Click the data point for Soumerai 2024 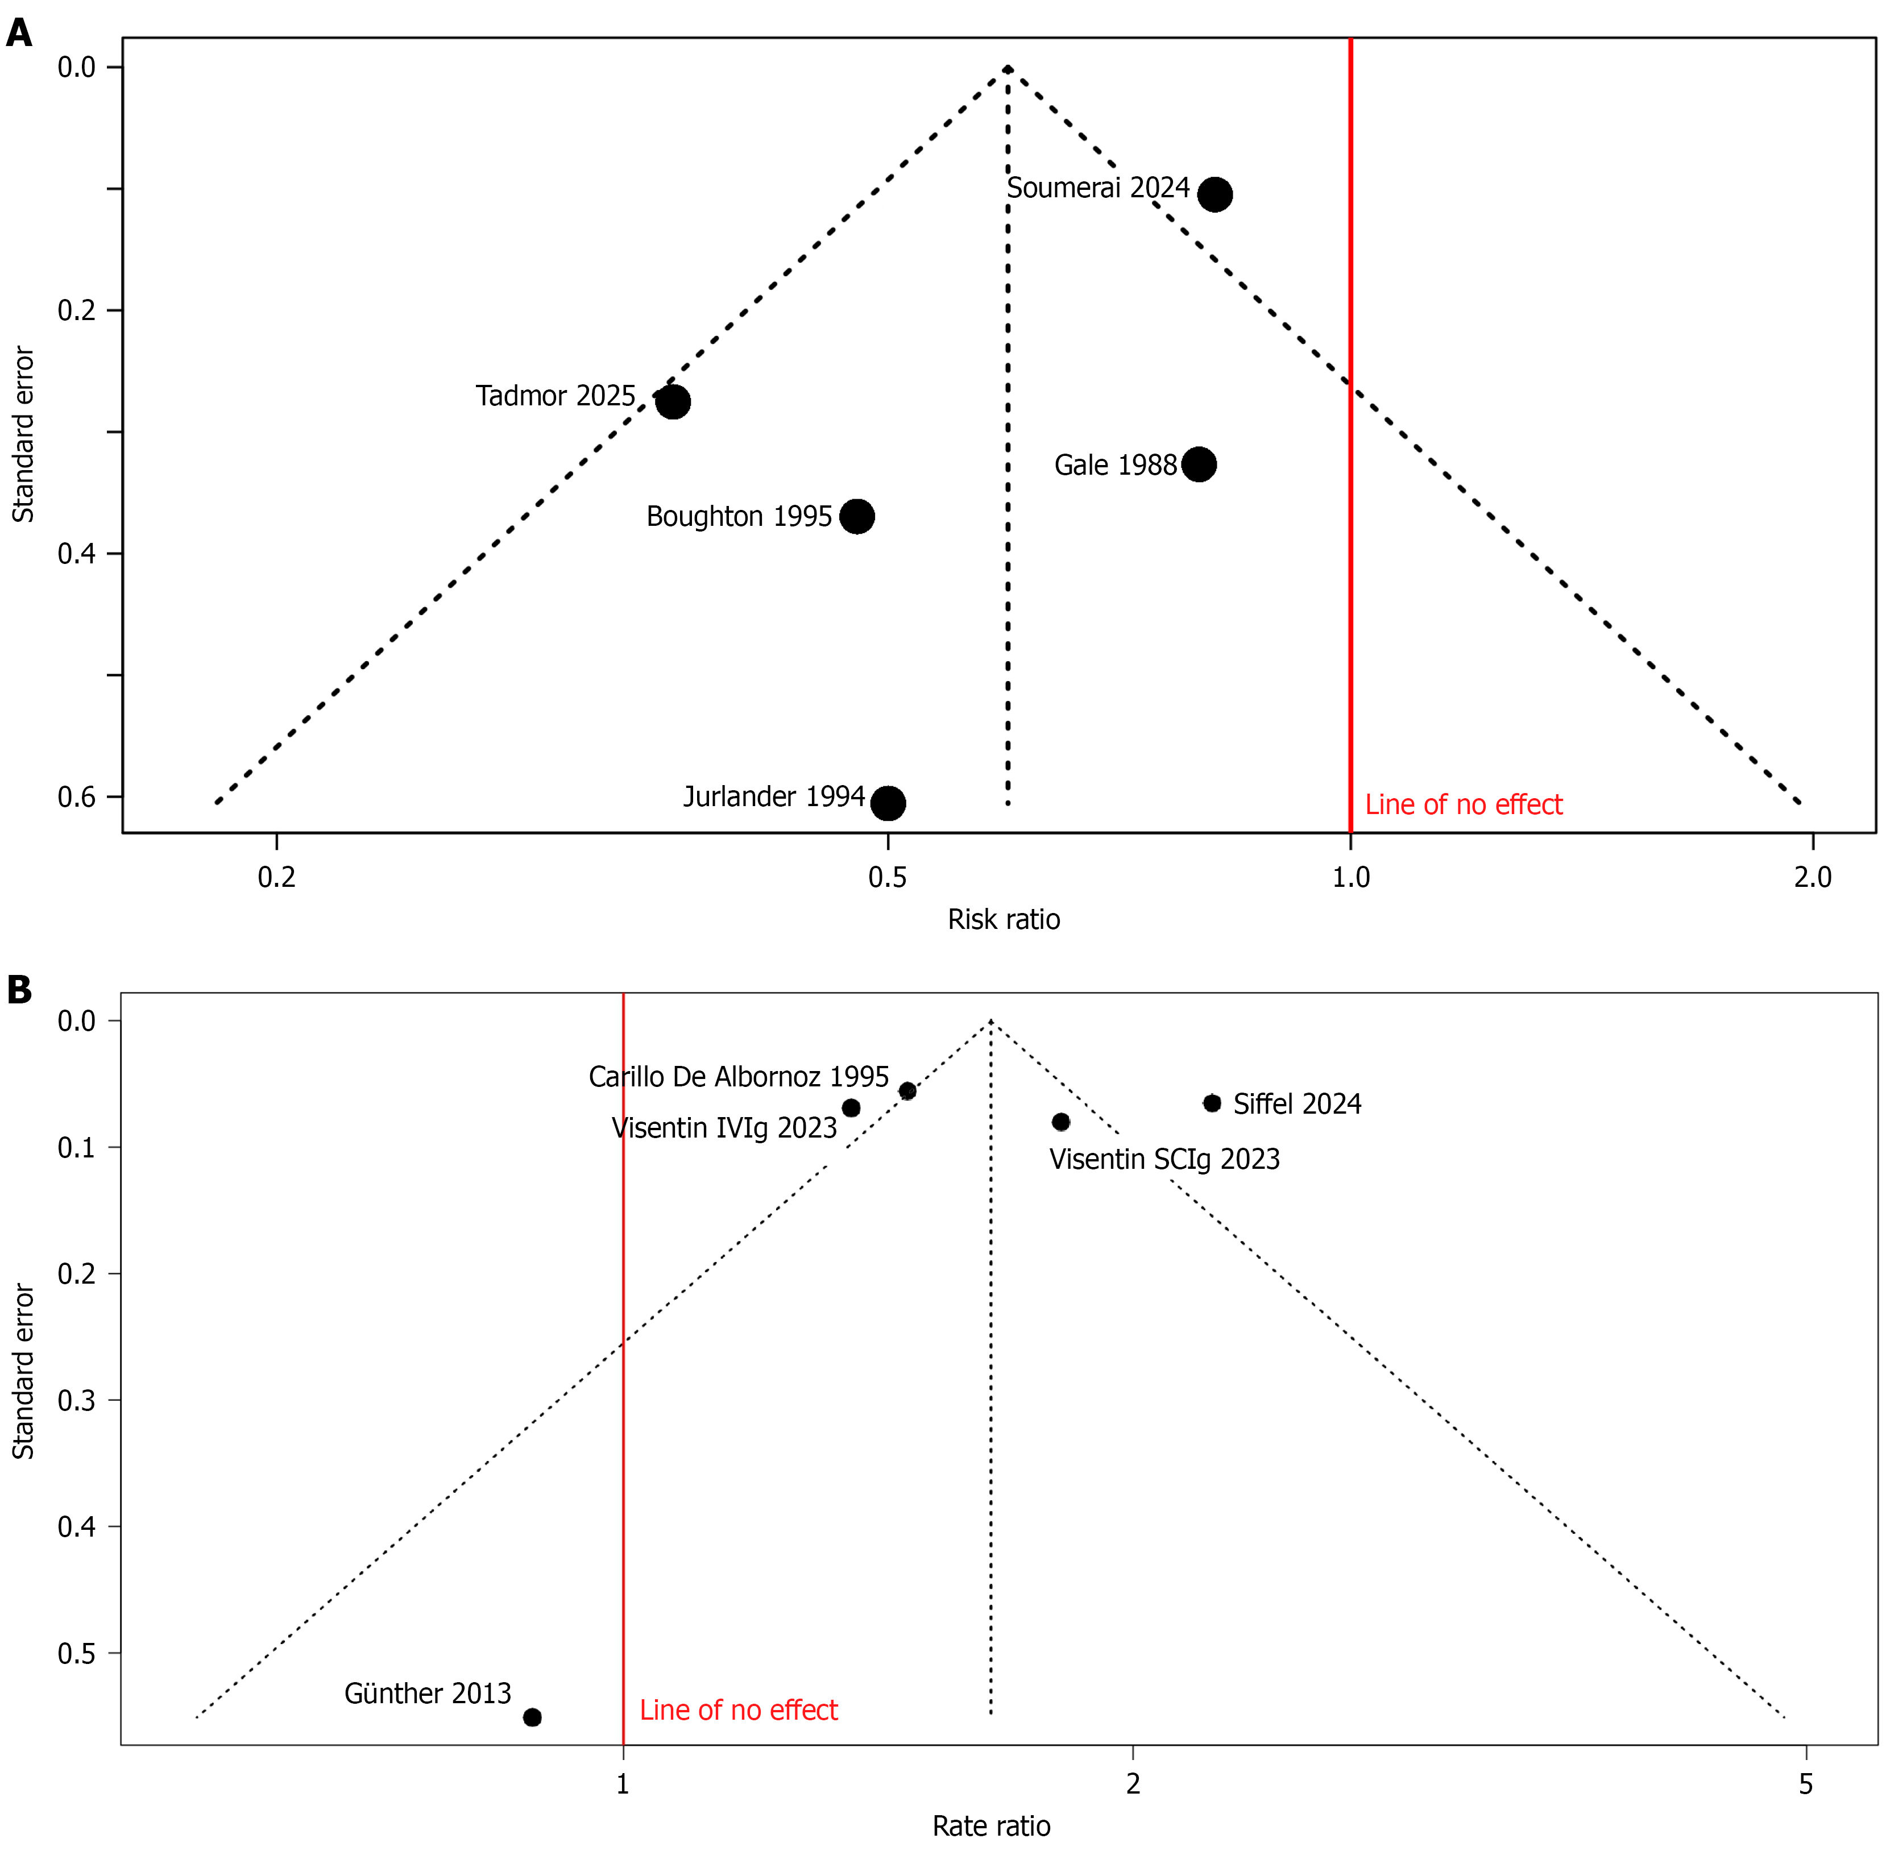[1214, 194]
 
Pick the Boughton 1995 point [856, 516]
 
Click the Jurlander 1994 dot [888, 803]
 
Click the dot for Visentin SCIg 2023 [1060, 1122]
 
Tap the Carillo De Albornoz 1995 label [738, 1077]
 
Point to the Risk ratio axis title [1004, 920]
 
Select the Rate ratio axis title [990, 1827]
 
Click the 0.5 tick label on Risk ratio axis [886, 878]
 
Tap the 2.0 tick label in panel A [1812, 878]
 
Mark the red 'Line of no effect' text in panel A [1463, 805]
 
